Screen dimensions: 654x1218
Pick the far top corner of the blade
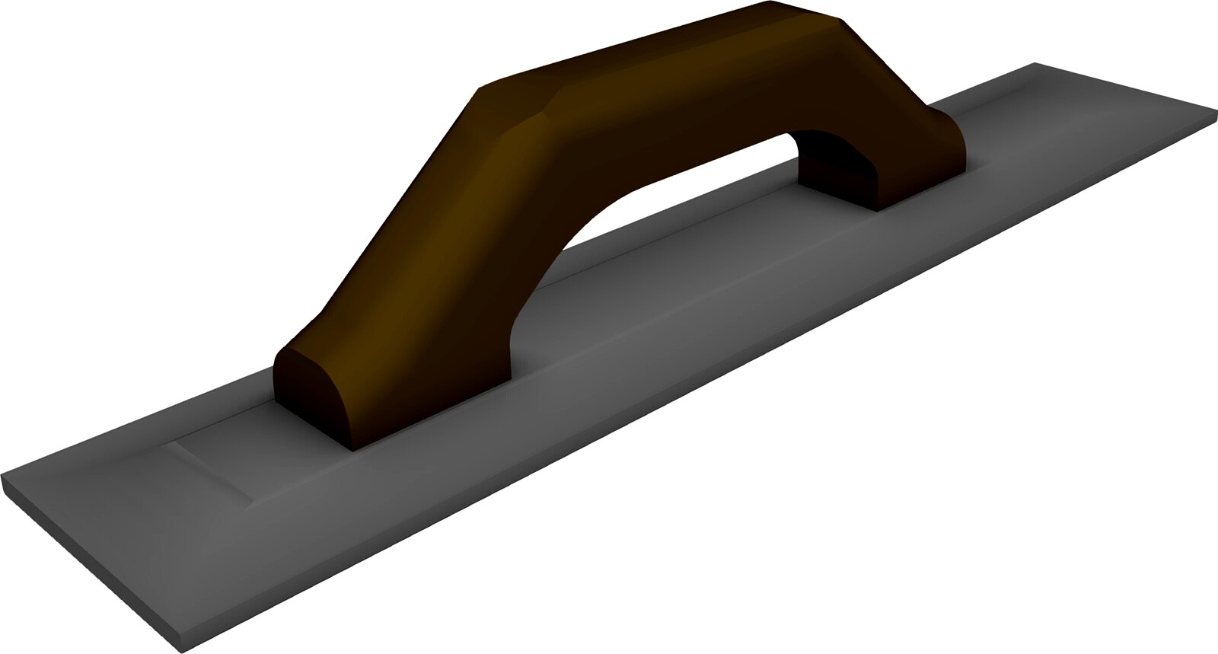pyautogui.click(x=1034, y=63)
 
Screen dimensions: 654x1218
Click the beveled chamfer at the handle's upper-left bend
pyautogui.click(x=525, y=122)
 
